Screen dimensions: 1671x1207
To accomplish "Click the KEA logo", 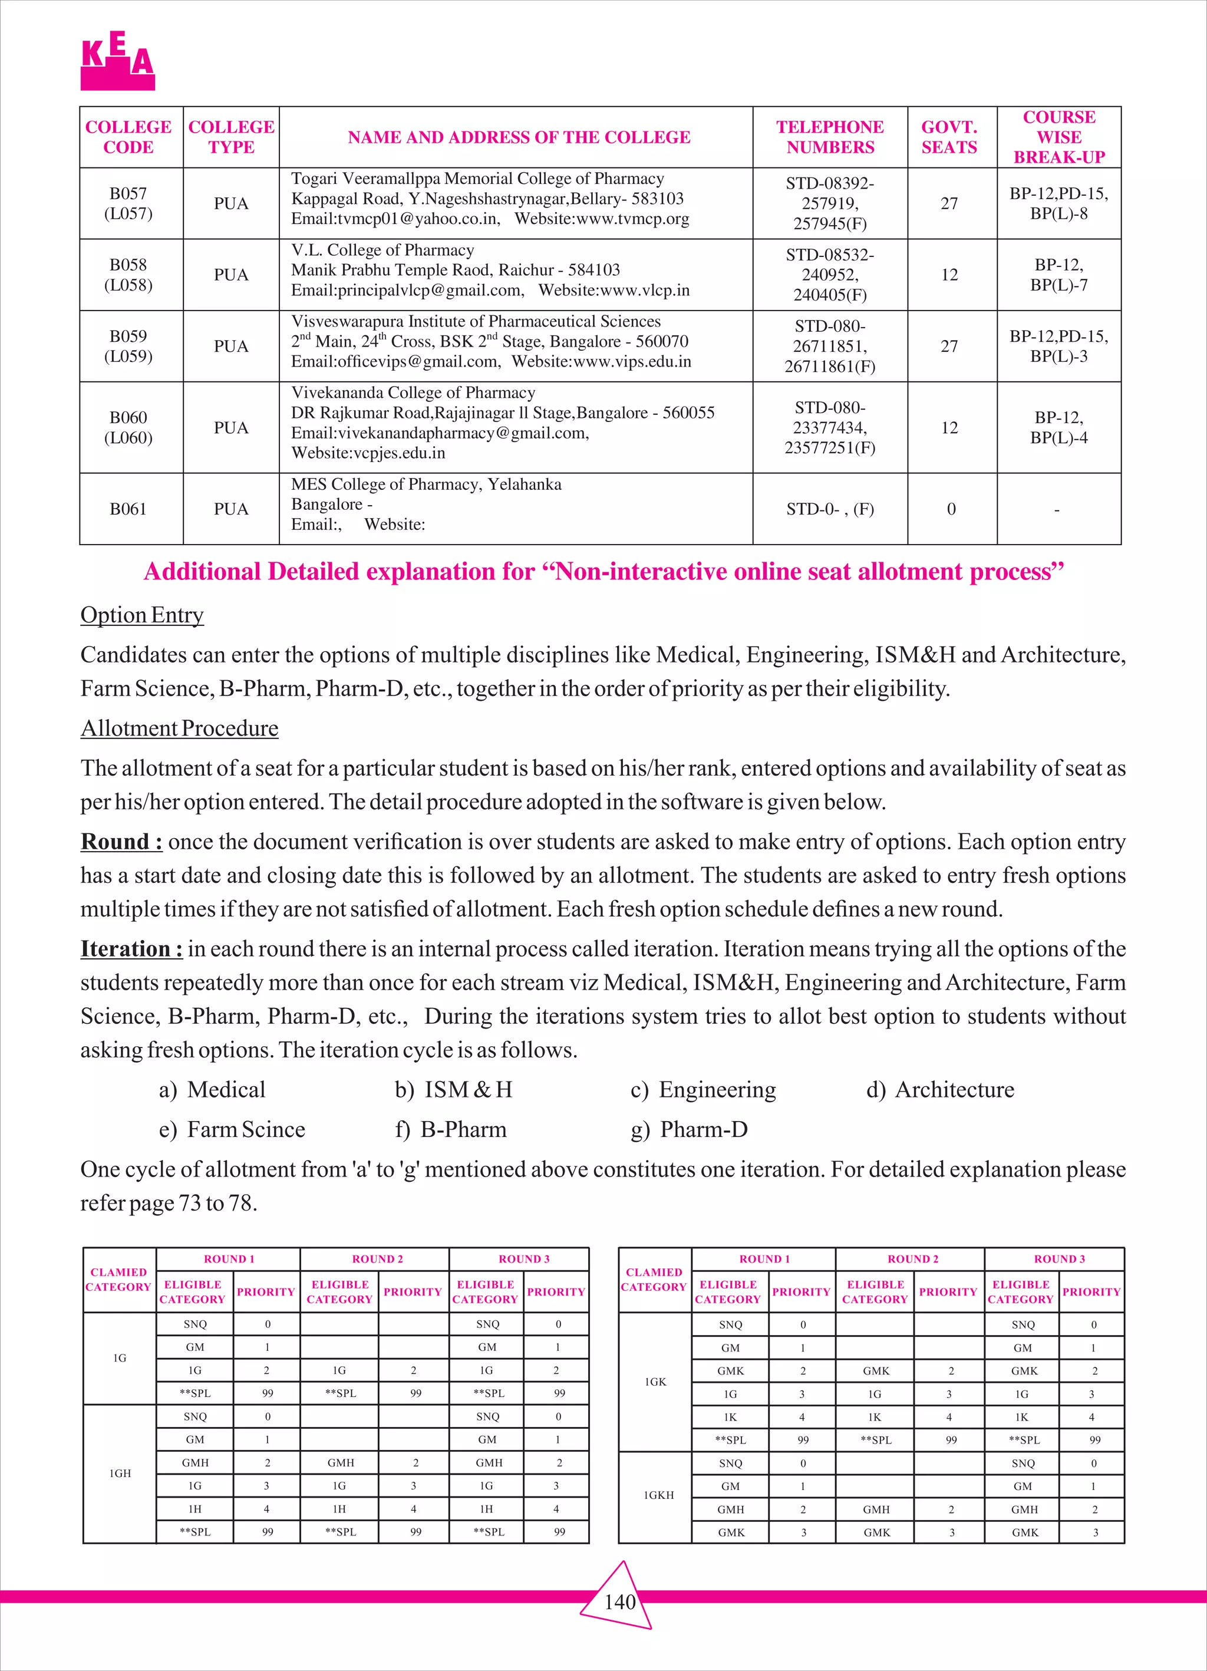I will pyautogui.click(x=118, y=61).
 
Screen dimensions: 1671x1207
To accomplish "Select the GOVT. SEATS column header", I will pyautogui.click(x=949, y=137).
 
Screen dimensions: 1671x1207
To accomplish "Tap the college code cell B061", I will pyautogui.click(x=128, y=509).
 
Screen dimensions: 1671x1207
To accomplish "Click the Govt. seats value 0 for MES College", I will pyautogui.click(x=951, y=509).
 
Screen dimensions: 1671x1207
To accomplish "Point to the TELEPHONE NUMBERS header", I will pyautogui.click(x=830, y=137).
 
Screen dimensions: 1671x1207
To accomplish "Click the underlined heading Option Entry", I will pyautogui.click(x=141, y=615).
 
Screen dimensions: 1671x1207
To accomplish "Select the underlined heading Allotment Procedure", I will pyautogui.click(x=179, y=728).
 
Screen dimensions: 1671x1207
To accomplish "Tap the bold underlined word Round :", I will pyautogui.click(x=121, y=842).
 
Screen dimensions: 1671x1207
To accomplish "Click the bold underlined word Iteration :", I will pyautogui.click(x=131, y=949).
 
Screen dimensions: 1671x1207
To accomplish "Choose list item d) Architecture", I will pyautogui.click(x=940, y=1090).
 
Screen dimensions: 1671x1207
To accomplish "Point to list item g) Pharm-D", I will pyautogui.click(x=689, y=1129).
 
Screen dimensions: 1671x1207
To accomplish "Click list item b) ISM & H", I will pyautogui.click(x=453, y=1090).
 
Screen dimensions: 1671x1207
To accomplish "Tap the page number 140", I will pyautogui.click(x=619, y=1602).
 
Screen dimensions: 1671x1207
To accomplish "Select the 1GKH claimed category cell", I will pyautogui.click(x=658, y=1496).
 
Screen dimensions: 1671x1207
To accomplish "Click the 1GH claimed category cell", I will pyautogui.click(x=120, y=1474).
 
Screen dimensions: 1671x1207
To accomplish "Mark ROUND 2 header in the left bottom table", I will pyautogui.click(x=377, y=1259).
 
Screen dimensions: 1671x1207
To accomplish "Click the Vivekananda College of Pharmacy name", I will pyautogui.click(x=413, y=393).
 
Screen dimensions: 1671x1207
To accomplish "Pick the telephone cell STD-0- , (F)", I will pyautogui.click(x=830, y=509).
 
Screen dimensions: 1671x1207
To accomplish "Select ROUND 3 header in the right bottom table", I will pyautogui.click(x=1059, y=1259).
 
